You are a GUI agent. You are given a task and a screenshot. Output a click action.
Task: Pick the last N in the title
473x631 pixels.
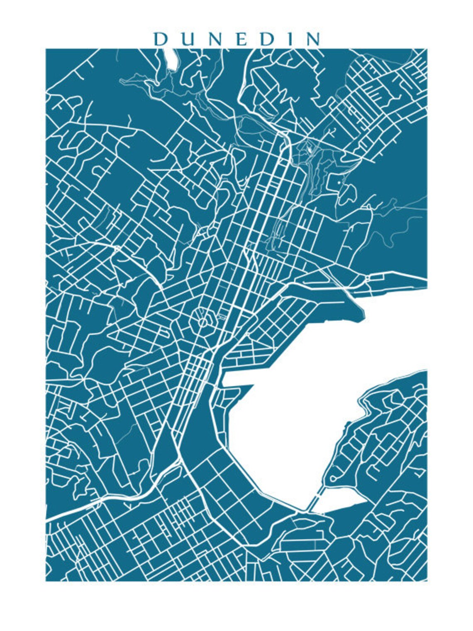313,39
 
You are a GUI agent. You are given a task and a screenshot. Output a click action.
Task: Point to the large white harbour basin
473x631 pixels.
290,415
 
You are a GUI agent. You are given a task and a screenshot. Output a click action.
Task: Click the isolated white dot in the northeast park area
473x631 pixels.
339,182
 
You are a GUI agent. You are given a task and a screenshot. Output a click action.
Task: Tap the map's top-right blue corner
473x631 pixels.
426,50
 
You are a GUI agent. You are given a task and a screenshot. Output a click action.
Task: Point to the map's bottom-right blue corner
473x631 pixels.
426,579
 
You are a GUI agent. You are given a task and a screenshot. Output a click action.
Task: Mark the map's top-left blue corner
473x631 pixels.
47,50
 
